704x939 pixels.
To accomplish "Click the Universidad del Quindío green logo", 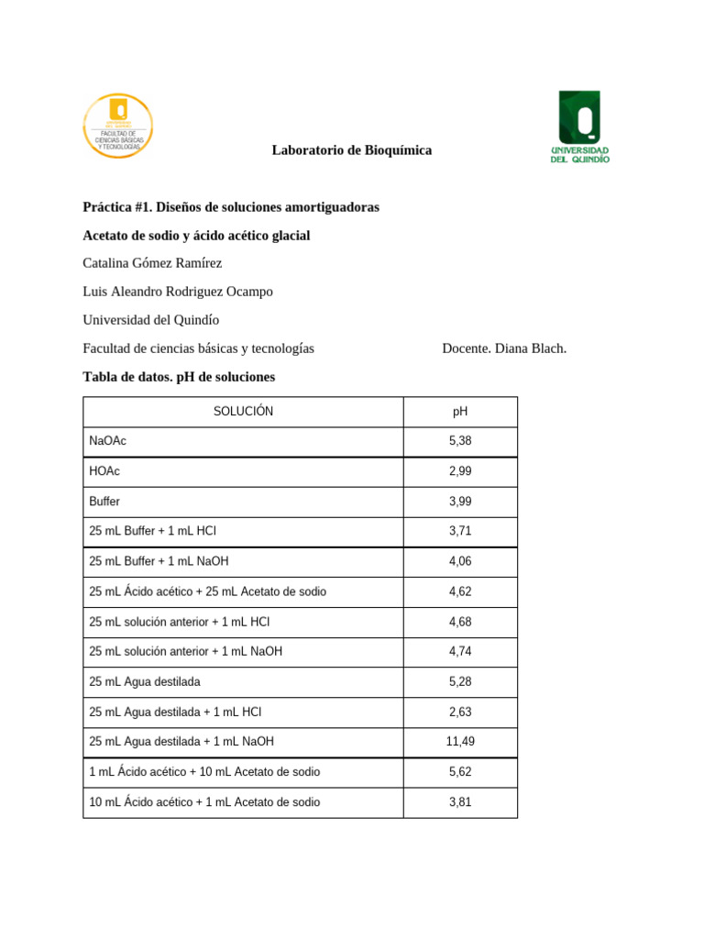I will pyautogui.click(x=579, y=127).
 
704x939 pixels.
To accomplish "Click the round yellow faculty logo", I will pyautogui.click(x=118, y=126).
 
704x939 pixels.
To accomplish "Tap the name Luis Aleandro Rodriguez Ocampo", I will pyautogui.click(x=178, y=292).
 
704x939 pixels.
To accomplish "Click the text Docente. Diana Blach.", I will pyautogui.click(x=504, y=348).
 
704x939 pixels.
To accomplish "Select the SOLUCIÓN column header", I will pyautogui.click(x=243, y=412).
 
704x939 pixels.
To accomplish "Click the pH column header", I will pyautogui.click(x=460, y=412).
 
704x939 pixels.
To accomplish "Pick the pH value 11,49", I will pyautogui.click(x=460, y=742).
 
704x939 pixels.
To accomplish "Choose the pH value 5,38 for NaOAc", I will pyautogui.click(x=460, y=441).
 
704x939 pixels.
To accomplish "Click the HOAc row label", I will pyautogui.click(x=104, y=471).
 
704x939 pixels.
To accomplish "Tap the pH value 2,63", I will pyautogui.click(x=460, y=712).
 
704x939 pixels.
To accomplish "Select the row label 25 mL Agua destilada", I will pyautogui.click(x=145, y=681).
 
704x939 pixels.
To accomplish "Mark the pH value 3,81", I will pyautogui.click(x=460, y=802).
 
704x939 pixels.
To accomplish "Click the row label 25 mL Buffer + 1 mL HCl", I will pyautogui.click(x=153, y=531).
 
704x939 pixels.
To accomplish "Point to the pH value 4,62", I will pyautogui.click(x=460, y=591).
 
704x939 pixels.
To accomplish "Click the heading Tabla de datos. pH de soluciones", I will pyautogui.click(x=179, y=377).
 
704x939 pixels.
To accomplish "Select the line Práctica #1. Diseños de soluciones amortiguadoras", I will pyautogui.click(x=231, y=208).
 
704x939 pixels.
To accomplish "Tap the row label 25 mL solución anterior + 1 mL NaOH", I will pyautogui.click(x=186, y=651).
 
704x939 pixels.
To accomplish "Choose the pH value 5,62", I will pyautogui.click(x=460, y=772).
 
